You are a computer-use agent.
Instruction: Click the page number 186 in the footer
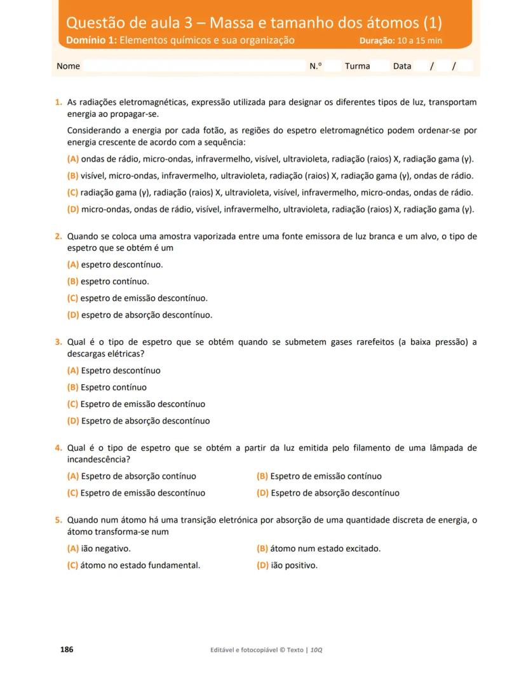point(67,649)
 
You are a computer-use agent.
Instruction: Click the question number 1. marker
point(58,102)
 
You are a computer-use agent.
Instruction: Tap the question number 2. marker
point(58,237)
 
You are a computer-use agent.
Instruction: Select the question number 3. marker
point(58,342)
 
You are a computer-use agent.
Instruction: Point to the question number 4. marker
point(58,448)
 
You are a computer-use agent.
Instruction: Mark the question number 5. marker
point(58,520)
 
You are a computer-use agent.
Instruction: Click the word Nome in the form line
point(68,66)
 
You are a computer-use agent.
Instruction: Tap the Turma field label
point(357,66)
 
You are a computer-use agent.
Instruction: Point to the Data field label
point(402,66)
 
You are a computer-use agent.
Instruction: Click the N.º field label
point(316,66)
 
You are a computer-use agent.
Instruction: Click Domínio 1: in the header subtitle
point(91,41)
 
